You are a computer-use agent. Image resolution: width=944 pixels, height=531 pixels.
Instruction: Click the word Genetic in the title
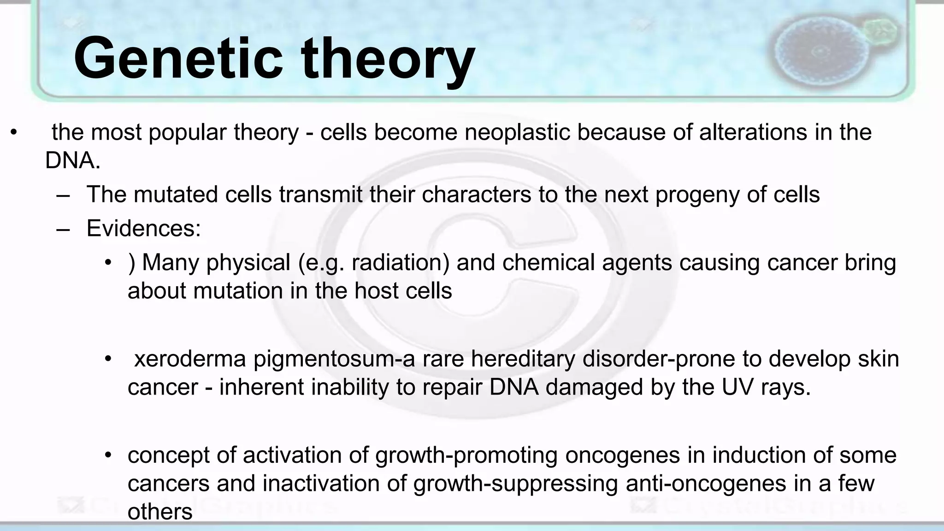178,59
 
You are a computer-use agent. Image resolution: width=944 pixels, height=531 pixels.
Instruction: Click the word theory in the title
388,62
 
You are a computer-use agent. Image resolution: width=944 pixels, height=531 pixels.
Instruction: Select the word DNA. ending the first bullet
73,160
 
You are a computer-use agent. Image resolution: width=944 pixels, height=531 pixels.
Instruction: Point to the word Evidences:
144,228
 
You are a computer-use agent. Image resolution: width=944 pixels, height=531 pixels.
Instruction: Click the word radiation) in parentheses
400,263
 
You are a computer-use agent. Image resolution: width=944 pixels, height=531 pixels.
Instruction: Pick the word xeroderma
190,359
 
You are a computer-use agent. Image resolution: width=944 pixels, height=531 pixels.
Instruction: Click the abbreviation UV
738,387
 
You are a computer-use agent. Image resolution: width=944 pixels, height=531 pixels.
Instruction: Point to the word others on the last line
160,512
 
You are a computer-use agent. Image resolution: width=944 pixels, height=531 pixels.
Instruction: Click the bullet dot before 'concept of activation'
108,456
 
